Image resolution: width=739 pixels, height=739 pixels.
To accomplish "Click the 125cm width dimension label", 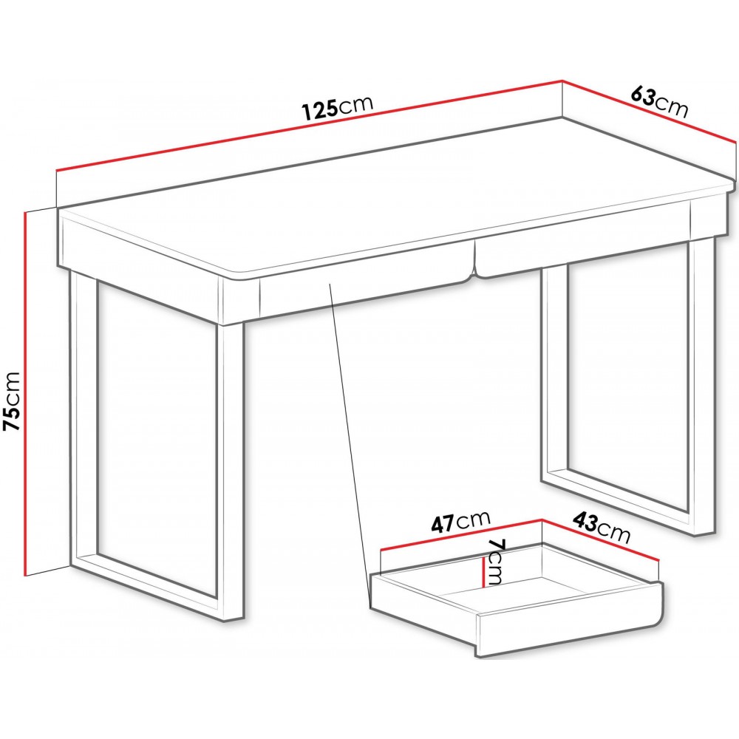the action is pyautogui.click(x=338, y=109).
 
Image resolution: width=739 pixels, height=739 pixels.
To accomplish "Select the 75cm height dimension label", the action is pyautogui.click(x=12, y=401).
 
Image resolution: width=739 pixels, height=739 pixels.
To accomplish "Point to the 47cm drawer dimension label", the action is pyautogui.click(x=461, y=522).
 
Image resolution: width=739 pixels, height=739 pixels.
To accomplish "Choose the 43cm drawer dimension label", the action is pyautogui.click(x=602, y=528).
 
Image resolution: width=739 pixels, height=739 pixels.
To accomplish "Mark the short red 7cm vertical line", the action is pyautogui.click(x=483, y=572).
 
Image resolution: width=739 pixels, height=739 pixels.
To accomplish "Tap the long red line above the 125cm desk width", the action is pyautogui.click(x=309, y=125).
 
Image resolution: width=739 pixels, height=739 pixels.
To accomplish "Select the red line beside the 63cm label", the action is pyautogui.click(x=649, y=111).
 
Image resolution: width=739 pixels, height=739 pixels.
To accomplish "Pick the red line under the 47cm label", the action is pyautogui.click(x=461, y=534).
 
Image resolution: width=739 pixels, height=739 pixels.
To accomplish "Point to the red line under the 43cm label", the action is pyautogui.click(x=599, y=540).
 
